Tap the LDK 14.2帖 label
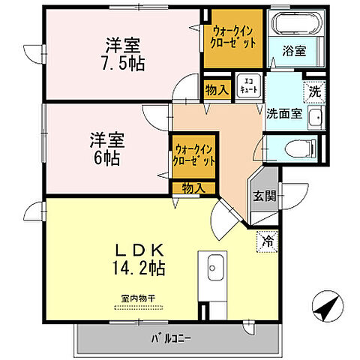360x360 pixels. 139,257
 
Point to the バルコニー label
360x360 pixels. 170,337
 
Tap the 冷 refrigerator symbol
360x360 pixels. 266,241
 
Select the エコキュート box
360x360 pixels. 248,84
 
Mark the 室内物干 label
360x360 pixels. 138,298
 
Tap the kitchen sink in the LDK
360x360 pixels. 215,265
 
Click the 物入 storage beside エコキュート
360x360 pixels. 216,89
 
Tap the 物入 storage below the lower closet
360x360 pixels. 193,187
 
